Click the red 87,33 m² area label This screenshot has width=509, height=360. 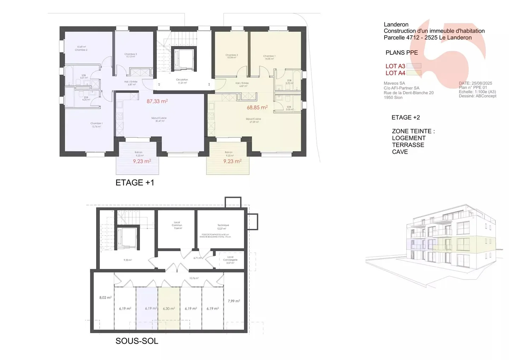(x=157, y=101)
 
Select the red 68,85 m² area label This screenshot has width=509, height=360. (x=257, y=107)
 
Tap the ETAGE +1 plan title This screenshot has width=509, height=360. (x=135, y=183)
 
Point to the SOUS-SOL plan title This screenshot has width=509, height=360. (x=137, y=341)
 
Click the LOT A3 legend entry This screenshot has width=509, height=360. (x=396, y=66)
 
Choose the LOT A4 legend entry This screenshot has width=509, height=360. (x=396, y=73)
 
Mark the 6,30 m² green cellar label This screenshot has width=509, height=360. (x=169, y=308)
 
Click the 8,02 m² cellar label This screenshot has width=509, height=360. (x=105, y=298)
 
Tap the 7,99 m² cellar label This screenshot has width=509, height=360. (x=234, y=301)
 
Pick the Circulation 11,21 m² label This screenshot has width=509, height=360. (x=182, y=81)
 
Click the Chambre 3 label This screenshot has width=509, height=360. (x=130, y=55)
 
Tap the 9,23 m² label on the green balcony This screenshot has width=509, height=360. (x=232, y=161)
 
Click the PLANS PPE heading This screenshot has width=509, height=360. (x=402, y=53)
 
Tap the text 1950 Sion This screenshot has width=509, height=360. (x=393, y=98)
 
